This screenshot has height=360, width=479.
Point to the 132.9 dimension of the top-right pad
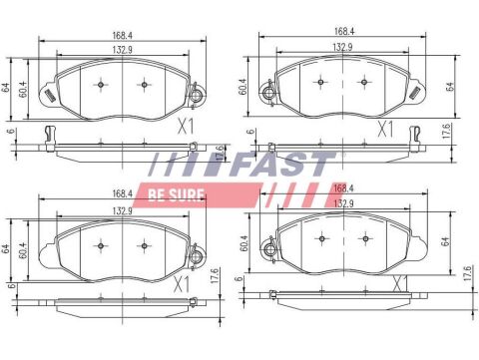[341, 46]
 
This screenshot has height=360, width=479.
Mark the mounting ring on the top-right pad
[267, 95]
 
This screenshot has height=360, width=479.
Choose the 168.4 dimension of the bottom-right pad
[341, 186]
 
